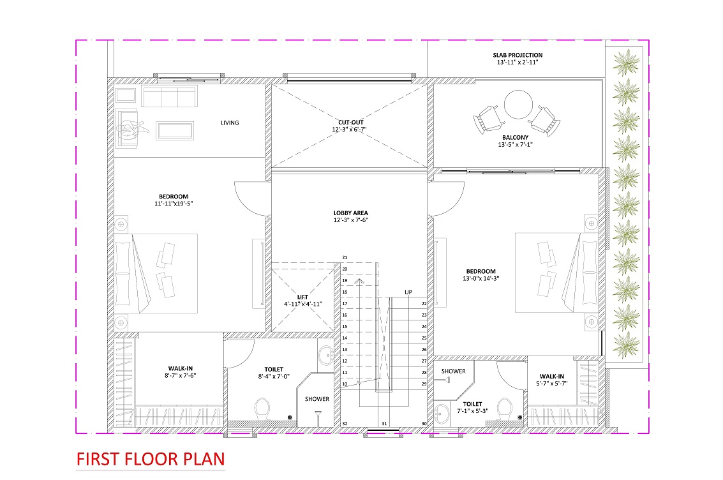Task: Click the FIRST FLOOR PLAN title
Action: tap(151, 459)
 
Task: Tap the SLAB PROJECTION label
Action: tap(518, 55)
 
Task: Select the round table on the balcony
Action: tap(518, 105)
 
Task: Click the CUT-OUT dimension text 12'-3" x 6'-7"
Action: tap(349, 130)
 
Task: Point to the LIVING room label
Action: tap(230, 123)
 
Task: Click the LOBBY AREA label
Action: tap(350, 213)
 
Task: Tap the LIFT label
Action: tap(302, 297)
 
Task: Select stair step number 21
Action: tap(345, 258)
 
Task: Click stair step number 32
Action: tap(345, 424)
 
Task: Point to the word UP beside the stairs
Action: tap(408, 292)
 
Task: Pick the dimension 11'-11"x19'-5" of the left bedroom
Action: tap(174, 204)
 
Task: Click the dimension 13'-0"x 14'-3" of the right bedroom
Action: tap(481, 278)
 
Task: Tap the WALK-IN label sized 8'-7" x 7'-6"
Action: tap(181, 368)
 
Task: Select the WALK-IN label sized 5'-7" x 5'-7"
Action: tap(551, 376)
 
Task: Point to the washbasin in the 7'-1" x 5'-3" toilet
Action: tap(442, 414)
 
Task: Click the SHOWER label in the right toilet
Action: tap(453, 371)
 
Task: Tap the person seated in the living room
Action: tap(131, 128)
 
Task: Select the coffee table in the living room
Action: tap(175, 130)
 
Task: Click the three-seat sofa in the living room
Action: tap(170, 96)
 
